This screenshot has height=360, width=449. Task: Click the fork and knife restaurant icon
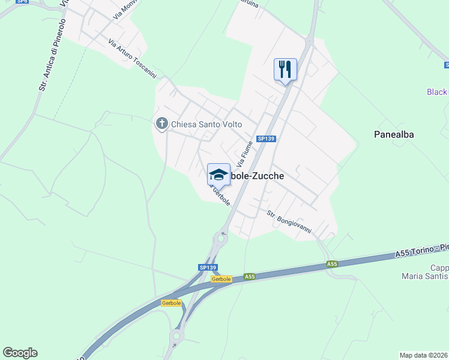click(x=285, y=70)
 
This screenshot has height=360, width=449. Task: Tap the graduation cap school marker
click(x=218, y=175)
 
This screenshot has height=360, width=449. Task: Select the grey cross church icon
click(x=161, y=124)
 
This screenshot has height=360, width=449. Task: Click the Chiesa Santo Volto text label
click(x=206, y=125)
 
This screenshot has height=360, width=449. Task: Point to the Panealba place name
click(x=394, y=134)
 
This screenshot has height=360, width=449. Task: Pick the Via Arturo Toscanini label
click(x=133, y=59)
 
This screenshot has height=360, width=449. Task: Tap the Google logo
click(x=20, y=353)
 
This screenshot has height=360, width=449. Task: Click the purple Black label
click(x=437, y=92)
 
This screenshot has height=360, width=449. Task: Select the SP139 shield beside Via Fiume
click(x=265, y=139)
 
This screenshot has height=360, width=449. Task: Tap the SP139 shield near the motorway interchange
click(x=207, y=268)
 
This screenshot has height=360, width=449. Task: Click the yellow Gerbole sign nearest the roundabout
click(x=221, y=279)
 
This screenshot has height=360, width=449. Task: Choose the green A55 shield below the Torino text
click(x=332, y=264)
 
